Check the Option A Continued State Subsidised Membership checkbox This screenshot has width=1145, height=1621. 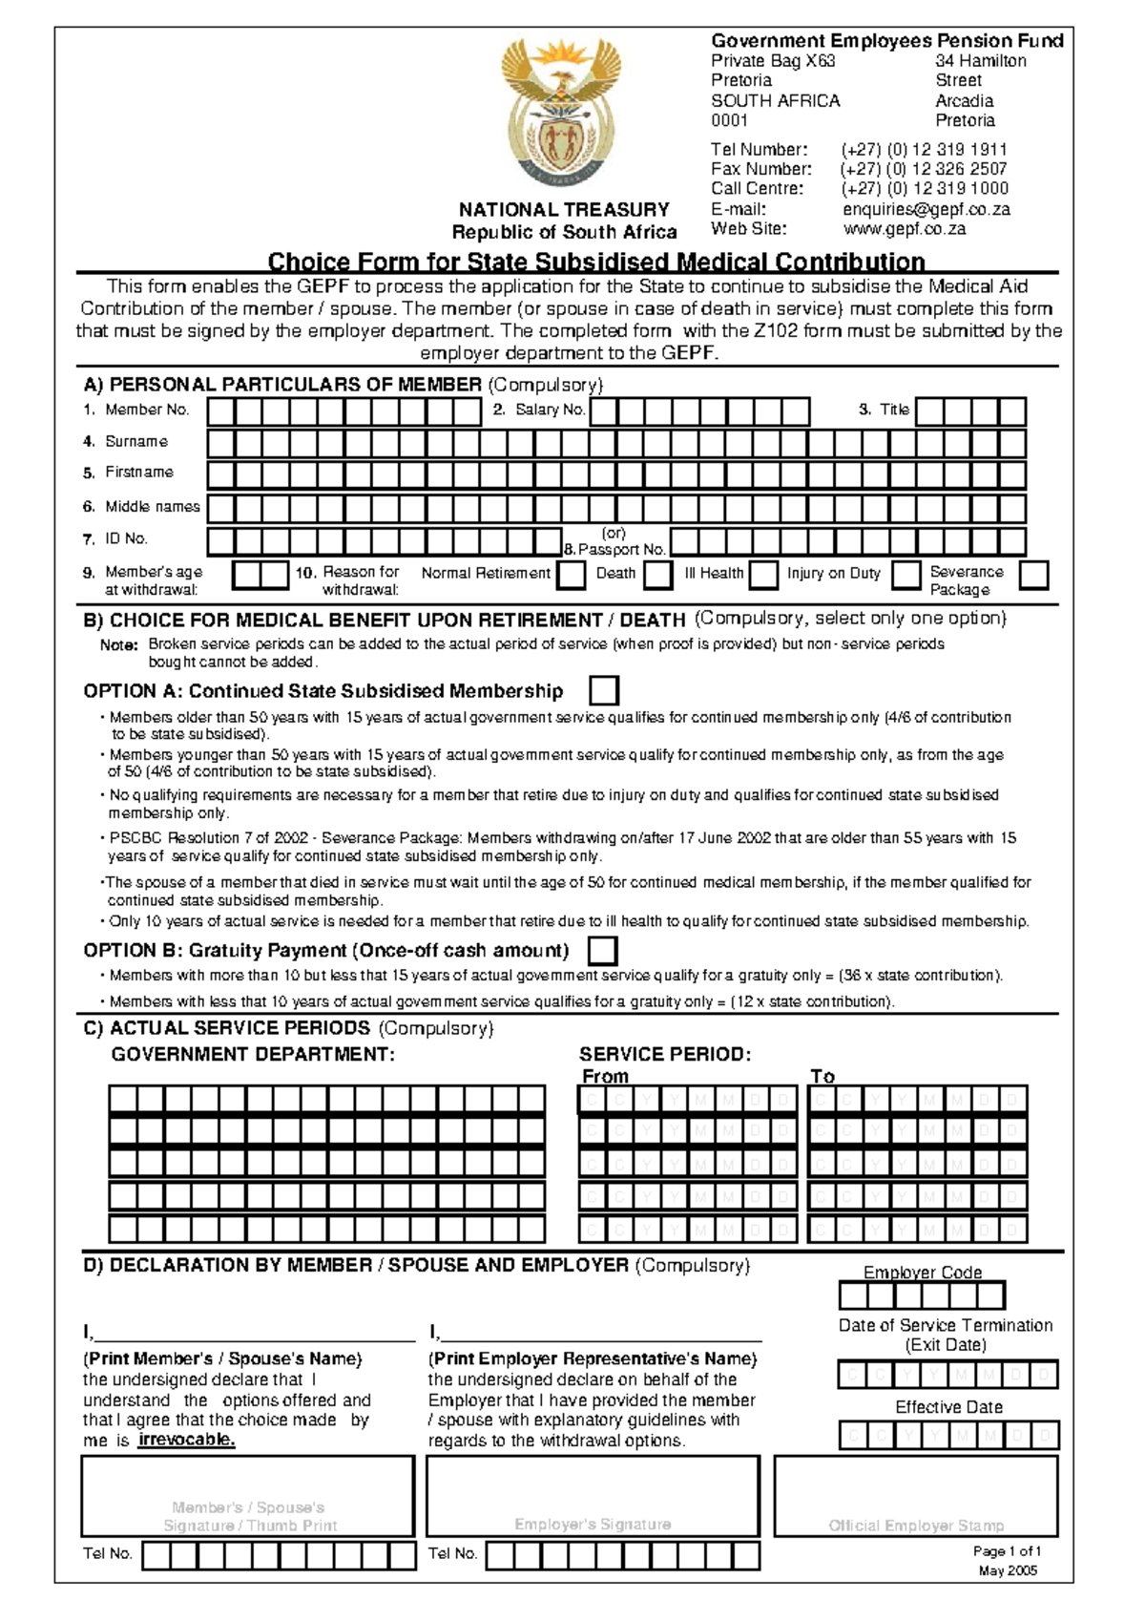[604, 690]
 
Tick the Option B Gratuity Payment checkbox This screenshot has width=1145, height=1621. [603, 951]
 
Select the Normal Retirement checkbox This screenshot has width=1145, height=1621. [572, 575]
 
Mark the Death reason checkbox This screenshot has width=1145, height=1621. [657, 575]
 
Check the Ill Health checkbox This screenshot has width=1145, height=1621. [763, 575]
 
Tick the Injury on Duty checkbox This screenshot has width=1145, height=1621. [906, 575]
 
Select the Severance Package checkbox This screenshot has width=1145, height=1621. [1033, 575]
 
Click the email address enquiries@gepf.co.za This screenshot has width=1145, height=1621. [926, 209]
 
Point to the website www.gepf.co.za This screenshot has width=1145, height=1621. [904, 229]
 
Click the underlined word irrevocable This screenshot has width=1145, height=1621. [186, 1440]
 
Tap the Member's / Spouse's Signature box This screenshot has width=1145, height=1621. [248, 1496]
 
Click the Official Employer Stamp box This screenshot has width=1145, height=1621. [915, 1496]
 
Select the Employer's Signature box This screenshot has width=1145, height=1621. [593, 1496]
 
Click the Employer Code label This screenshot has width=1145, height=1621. [922, 1273]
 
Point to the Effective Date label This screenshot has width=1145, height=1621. [948, 1407]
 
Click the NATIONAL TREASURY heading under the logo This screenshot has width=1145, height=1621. [564, 210]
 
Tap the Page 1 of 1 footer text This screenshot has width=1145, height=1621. [1007, 1551]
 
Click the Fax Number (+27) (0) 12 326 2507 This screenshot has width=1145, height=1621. [923, 169]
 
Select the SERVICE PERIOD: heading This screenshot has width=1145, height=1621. [665, 1054]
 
